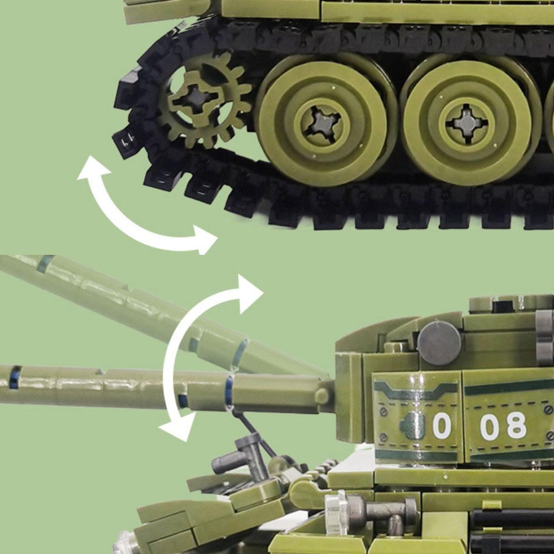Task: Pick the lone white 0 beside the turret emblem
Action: (442, 427)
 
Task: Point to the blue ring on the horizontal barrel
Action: (228, 391)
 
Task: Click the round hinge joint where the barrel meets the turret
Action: (322, 396)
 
